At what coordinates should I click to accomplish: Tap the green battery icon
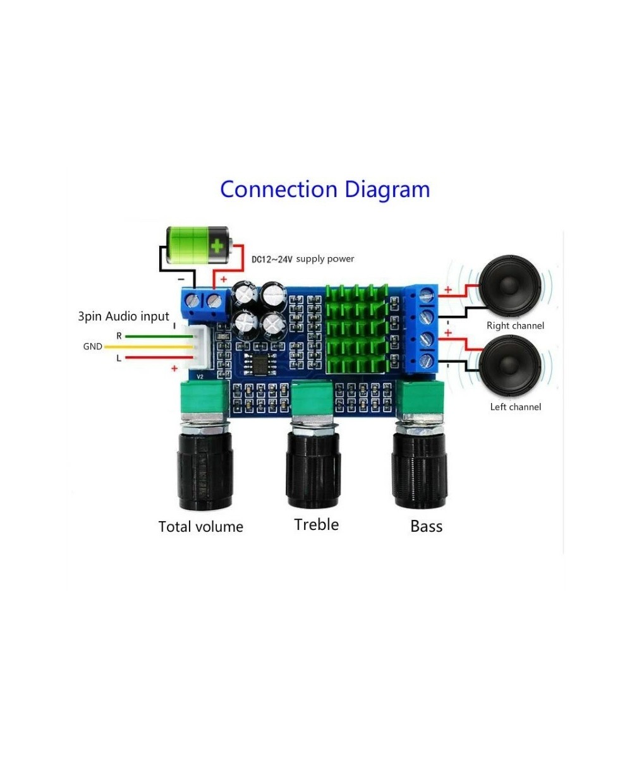[x=197, y=246]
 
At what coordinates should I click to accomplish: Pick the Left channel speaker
[x=509, y=366]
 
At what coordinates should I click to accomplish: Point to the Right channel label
[x=515, y=326]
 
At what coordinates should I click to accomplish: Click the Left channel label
[x=516, y=407]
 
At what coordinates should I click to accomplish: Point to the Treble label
[x=316, y=524]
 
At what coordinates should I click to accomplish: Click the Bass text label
[x=426, y=526]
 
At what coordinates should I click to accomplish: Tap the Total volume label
[x=200, y=527]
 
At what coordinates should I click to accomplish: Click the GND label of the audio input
[x=92, y=347]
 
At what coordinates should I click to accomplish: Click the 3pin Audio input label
[x=123, y=316]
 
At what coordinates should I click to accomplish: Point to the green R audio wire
[x=158, y=337]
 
